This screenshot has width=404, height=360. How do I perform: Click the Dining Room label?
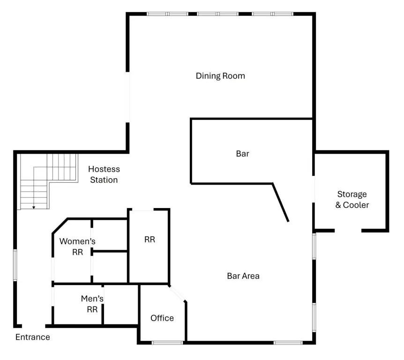[x=220, y=76]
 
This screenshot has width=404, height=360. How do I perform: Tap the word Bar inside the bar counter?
[x=242, y=154]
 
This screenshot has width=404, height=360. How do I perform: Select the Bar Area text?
[x=243, y=276]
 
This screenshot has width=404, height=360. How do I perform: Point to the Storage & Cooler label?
[x=352, y=200]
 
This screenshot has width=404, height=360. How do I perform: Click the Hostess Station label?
[x=104, y=174]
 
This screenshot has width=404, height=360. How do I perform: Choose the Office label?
[x=162, y=318]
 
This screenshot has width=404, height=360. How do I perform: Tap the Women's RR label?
[x=77, y=247]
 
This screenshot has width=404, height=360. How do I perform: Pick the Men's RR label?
[x=92, y=304]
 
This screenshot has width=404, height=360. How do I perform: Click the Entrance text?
[x=33, y=337]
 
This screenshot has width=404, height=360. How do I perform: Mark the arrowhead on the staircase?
[x=34, y=208]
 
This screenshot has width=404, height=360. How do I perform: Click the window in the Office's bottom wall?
[x=167, y=343]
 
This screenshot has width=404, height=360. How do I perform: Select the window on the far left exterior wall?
[x=15, y=265]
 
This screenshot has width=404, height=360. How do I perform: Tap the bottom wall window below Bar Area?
[x=288, y=343]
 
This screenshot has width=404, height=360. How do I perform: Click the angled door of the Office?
[x=177, y=293]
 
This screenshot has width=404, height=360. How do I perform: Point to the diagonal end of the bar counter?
[x=281, y=202]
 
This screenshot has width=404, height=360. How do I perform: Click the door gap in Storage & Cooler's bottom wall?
[x=348, y=231]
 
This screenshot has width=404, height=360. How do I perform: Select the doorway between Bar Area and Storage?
[x=314, y=189]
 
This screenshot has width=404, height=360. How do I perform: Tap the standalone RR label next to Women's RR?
[x=150, y=240]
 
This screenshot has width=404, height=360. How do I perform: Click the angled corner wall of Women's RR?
[x=60, y=226]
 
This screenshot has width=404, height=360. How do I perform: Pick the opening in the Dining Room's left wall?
[x=127, y=97]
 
